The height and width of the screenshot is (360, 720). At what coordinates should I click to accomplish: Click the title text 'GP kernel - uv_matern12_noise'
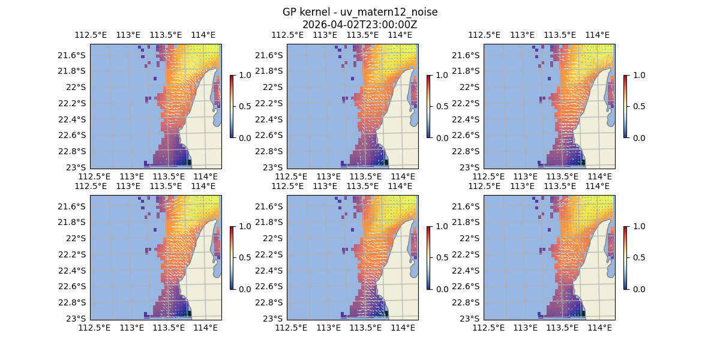point(360,12)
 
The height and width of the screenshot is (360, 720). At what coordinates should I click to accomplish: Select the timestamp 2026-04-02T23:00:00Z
point(360,25)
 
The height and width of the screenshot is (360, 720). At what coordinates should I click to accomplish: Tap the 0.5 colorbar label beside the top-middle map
point(442,106)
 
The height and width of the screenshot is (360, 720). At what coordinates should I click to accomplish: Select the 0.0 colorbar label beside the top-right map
point(638,137)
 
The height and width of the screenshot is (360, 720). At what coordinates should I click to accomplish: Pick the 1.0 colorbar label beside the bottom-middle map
point(442,226)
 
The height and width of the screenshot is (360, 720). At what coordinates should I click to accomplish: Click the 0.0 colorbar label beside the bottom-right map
point(638,289)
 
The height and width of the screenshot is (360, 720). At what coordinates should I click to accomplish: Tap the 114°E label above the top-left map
point(203,35)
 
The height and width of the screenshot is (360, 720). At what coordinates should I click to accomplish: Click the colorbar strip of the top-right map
point(625,106)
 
